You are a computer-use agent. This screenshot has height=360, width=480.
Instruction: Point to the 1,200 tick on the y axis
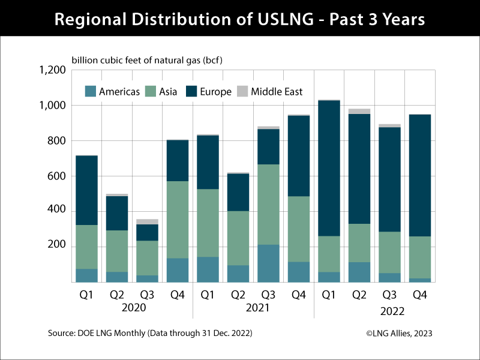(52, 70)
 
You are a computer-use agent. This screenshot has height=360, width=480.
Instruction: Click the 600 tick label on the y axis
(57, 176)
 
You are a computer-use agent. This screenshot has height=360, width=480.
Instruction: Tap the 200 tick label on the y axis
(57, 247)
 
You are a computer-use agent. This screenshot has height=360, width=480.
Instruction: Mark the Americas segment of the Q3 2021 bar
(268, 263)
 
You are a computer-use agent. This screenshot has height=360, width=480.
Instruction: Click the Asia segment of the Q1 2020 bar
(86, 247)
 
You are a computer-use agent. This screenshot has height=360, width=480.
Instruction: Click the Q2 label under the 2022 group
(360, 295)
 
